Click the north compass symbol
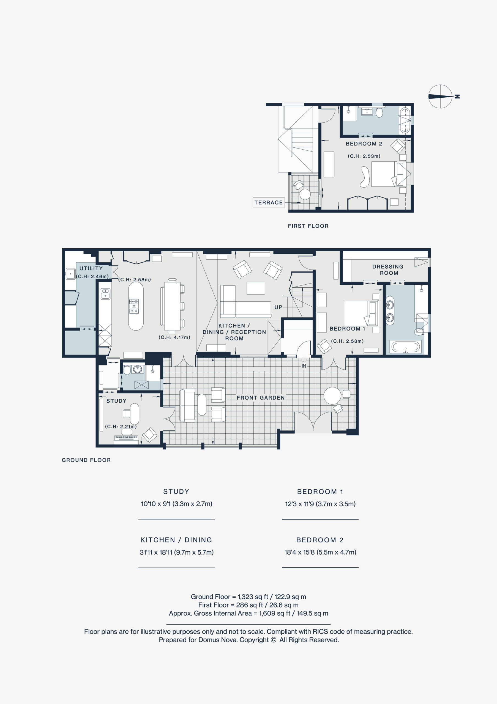coord(440,96)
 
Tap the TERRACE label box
coord(269,202)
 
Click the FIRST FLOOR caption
coord(308,226)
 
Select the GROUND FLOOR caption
coord(86,460)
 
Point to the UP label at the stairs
coord(278,307)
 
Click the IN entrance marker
coord(304,366)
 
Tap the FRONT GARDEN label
coord(260,398)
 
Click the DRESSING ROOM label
coord(388,270)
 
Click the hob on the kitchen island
coord(134,306)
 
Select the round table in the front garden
coord(332,395)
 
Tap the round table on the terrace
coord(305,194)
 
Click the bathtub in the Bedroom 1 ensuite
coord(405,347)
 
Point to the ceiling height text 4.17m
coord(174,337)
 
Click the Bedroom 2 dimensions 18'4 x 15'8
coord(320,552)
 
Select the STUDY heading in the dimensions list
coord(176,491)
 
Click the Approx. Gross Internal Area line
coord(248,613)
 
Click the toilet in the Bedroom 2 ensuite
coord(379,112)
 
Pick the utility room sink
coord(70,274)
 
